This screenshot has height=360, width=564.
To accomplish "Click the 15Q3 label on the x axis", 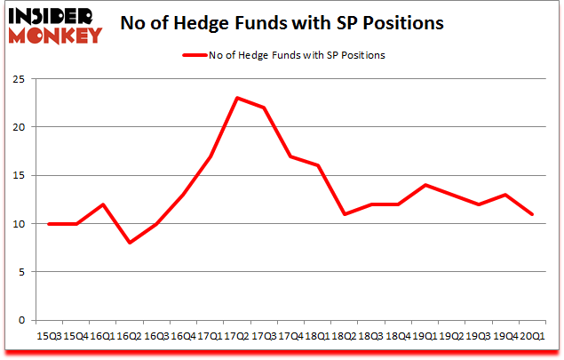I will pyautogui.click(x=50, y=337).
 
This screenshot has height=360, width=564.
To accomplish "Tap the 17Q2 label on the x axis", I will pyautogui.click(x=237, y=337).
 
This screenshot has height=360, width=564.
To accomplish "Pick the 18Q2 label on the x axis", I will pyautogui.click(x=345, y=337).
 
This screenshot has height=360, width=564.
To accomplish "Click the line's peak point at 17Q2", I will pyautogui.click(x=237, y=98).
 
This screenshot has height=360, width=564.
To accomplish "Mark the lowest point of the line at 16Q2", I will pyautogui.click(x=131, y=243).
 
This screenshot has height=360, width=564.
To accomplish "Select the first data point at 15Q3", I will pyautogui.click(x=50, y=224).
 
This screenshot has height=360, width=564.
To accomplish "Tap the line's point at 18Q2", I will pyautogui.click(x=345, y=214).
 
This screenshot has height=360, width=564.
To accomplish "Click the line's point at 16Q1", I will pyautogui.click(x=104, y=204).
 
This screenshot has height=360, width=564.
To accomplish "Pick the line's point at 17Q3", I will pyautogui.click(x=264, y=108).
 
